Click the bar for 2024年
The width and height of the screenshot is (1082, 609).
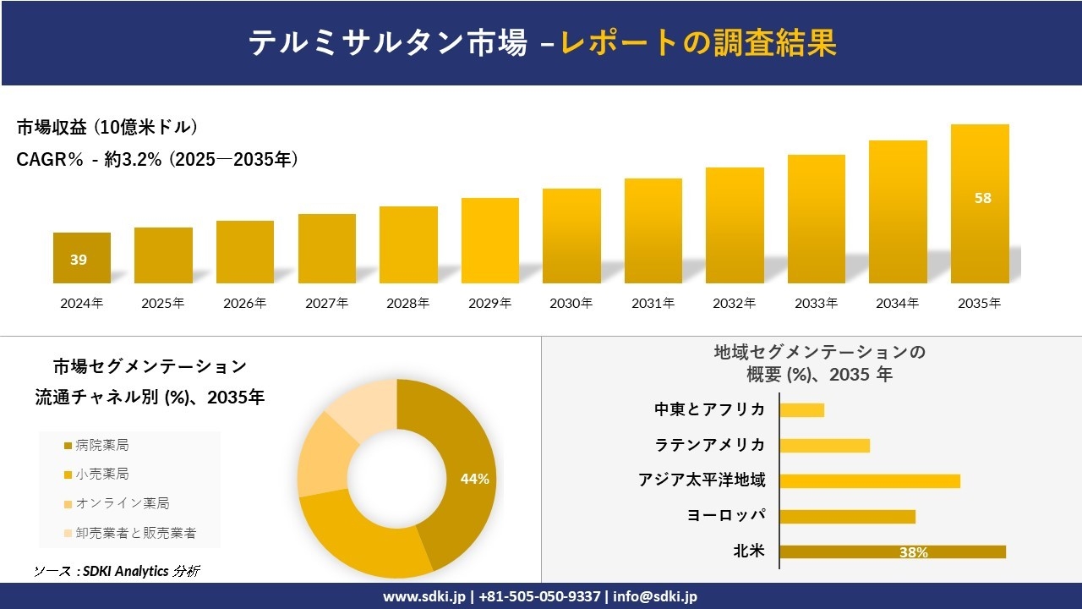coord(81,258)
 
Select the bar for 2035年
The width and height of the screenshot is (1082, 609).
coord(980,204)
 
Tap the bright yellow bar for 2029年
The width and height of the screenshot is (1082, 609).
coord(489,240)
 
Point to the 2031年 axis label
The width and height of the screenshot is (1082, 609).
coord(653,303)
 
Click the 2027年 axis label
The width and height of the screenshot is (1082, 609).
coord(326,303)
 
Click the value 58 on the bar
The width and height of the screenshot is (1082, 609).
coord(982,199)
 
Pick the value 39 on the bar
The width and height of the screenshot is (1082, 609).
coord(79,260)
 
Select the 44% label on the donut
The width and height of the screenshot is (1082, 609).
coord(474,479)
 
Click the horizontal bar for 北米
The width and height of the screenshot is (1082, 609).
coord(892,551)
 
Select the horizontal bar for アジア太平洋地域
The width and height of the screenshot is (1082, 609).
coord(869,480)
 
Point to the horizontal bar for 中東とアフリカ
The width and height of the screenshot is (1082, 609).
coord(801,409)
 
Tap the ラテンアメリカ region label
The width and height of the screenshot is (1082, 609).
coord(710,445)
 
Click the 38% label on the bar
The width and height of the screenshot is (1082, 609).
coord(913,552)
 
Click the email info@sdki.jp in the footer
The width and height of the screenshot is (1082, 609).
coord(655,596)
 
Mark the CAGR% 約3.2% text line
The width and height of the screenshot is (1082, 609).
coord(157,160)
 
